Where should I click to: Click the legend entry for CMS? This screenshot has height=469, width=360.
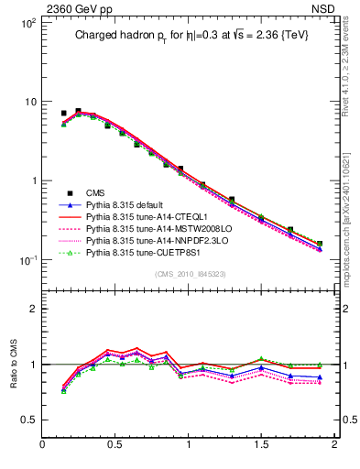(x=97, y=192)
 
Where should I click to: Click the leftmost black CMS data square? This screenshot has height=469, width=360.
(x=63, y=114)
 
